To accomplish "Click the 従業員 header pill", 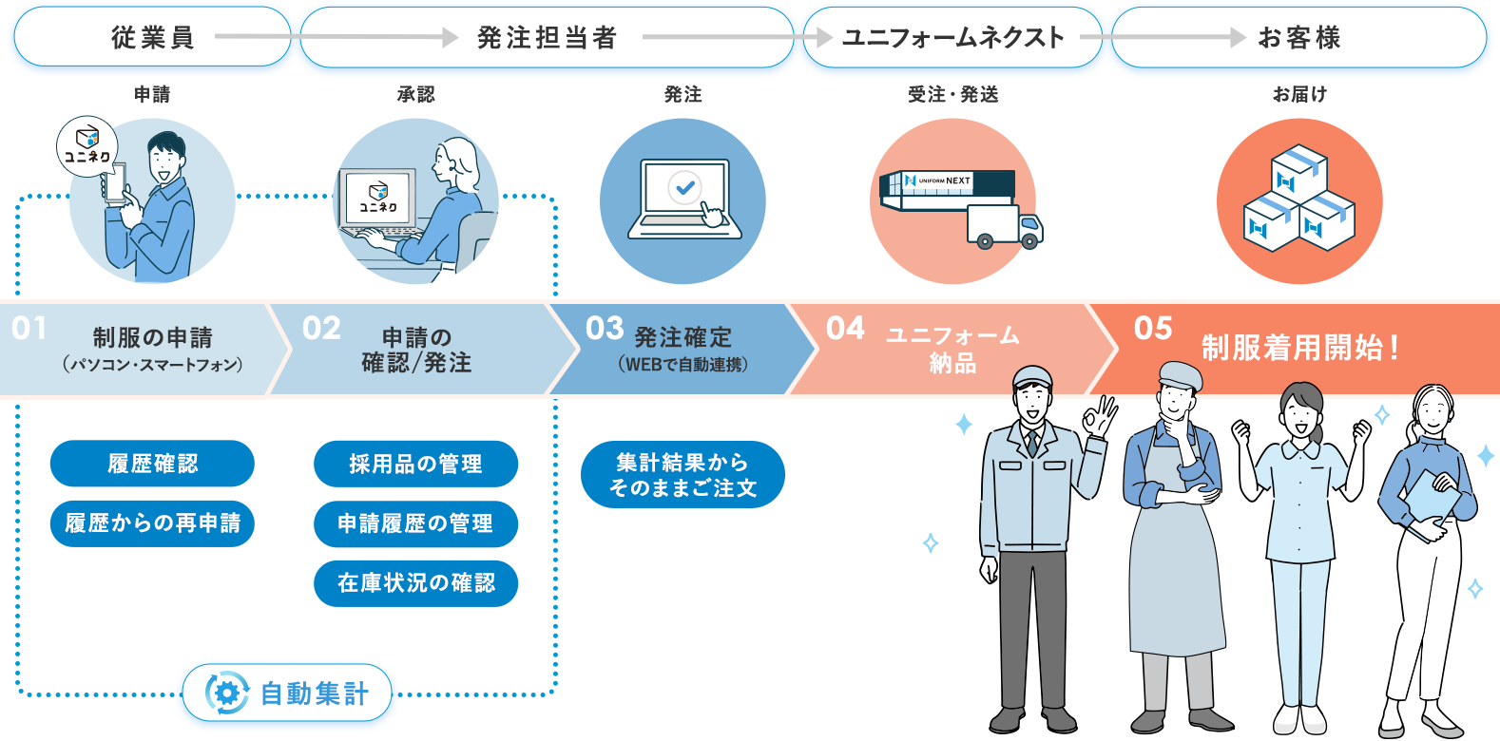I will coord(152,38).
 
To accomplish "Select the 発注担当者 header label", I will coord(547,38).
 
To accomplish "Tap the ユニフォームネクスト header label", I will coord(952,38).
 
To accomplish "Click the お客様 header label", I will coord(1298,38).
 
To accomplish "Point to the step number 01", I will coord(29,329).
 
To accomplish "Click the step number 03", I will coord(605,329).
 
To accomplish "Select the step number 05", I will coord(1153,329).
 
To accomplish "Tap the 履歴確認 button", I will coord(152,464).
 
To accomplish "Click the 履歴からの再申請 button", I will coord(152,522).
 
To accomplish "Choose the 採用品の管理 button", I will coord(415,464).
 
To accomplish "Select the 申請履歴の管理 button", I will coord(415,522).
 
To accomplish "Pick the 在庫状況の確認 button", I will coord(415,582).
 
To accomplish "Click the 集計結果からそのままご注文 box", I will coord(683,474).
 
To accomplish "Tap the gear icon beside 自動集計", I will coord(227,693).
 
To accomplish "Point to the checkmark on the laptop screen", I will coord(684,187).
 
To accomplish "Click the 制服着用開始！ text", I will coord(1299,348).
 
